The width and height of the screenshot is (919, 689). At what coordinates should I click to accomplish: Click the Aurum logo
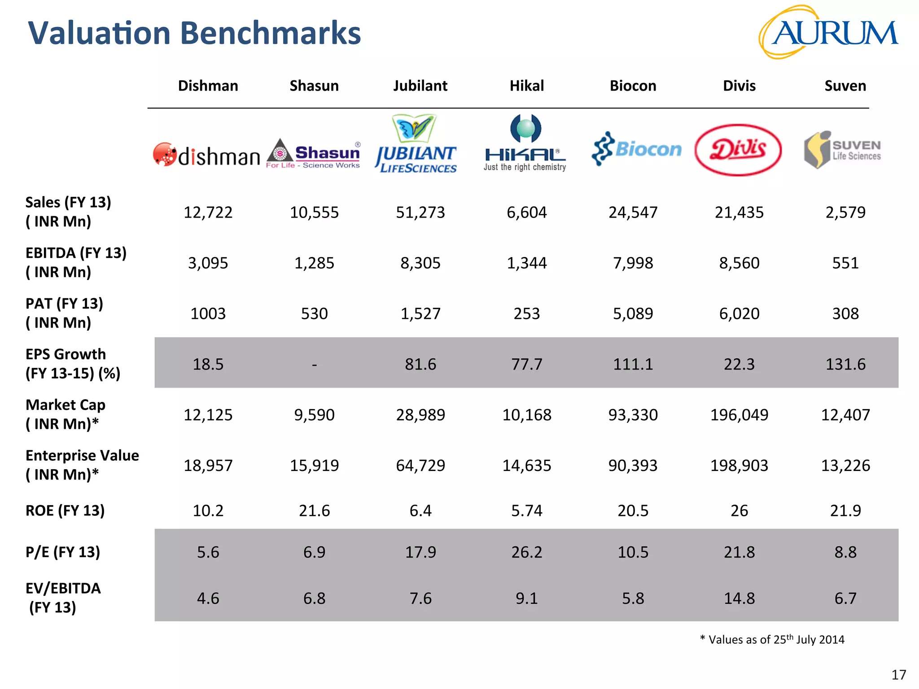click(x=828, y=33)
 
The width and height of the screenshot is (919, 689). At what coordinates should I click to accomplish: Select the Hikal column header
click(x=526, y=86)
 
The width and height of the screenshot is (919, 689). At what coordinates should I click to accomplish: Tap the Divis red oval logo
click(x=738, y=150)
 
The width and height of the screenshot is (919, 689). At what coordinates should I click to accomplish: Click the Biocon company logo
click(x=637, y=149)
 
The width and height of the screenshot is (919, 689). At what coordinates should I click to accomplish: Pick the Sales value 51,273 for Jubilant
click(x=420, y=212)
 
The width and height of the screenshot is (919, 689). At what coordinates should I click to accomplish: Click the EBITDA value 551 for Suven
click(x=845, y=263)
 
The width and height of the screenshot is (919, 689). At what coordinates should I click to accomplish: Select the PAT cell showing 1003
click(x=208, y=314)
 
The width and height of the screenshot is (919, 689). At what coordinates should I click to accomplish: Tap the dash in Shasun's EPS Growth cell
click(x=314, y=365)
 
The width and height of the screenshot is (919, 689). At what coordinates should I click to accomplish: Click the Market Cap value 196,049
click(x=739, y=415)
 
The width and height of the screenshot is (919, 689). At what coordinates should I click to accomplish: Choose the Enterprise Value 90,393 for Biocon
click(x=633, y=466)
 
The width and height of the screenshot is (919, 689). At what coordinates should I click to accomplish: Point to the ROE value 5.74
click(x=526, y=510)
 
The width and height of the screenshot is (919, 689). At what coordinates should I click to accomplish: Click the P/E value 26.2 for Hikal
click(x=526, y=552)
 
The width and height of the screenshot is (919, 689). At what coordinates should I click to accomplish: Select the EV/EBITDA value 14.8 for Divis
click(x=739, y=598)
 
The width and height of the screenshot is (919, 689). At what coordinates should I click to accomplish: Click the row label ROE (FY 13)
click(x=65, y=510)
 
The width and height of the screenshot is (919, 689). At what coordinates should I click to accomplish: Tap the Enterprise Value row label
click(x=82, y=465)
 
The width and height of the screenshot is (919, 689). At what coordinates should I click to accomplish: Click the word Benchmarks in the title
click(x=271, y=33)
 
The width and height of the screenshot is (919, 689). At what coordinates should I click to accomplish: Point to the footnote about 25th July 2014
click(x=772, y=639)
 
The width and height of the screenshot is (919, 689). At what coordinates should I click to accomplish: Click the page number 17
click(x=898, y=675)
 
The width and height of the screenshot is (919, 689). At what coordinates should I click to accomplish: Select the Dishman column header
click(x=208, y=86)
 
